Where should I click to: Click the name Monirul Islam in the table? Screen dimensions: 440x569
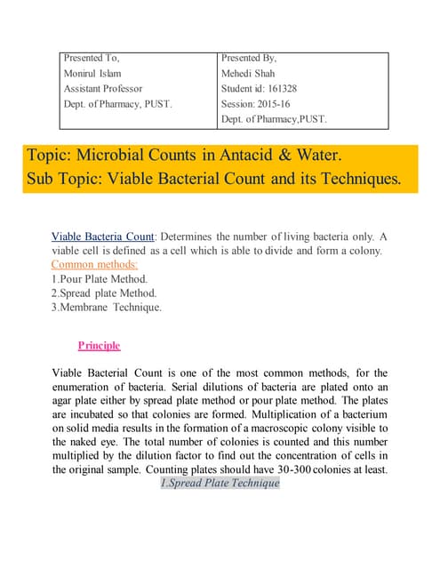[x=92, y=74]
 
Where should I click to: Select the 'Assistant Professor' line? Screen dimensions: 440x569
[x=104, y=89]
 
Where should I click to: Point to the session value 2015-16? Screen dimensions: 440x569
[x=283, y=104]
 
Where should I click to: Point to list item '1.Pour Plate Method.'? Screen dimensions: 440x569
[x=100, y=278]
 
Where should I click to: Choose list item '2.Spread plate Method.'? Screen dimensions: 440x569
[x=104, y=293]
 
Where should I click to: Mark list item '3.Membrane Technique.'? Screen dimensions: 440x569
[x=107, y=307]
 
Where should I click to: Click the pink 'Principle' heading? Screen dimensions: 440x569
[x=99, y=345]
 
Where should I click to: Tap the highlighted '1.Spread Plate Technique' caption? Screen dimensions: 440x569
[x=220, y=483]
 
